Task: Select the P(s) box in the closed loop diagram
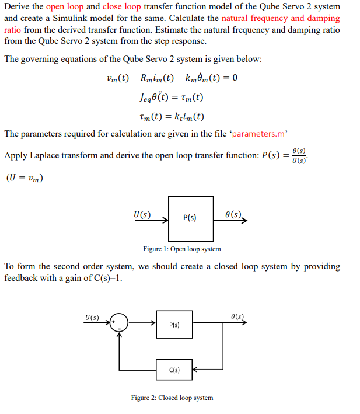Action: click(x=174, y=324)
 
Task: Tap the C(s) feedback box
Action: click(x=174, y=370)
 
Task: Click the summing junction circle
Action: click(x=120, y=323)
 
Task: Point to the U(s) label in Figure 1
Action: click(x=141, y=214)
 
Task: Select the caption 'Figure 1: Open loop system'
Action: click(x=182, y=249)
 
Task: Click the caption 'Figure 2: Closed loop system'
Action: click(x=172, y=398)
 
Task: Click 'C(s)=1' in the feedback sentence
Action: click(x=107, y=278)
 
